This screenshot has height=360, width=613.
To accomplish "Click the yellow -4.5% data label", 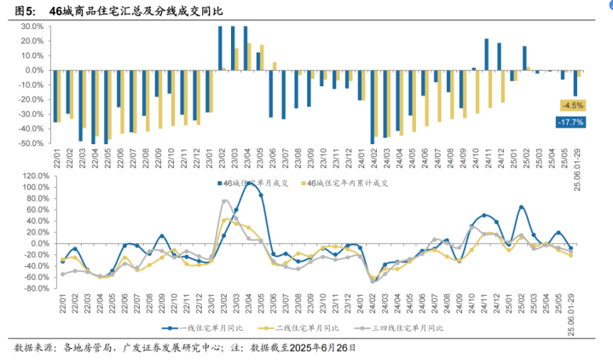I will tap(571, 106).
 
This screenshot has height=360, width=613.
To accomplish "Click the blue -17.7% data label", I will tap(570, 123).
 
